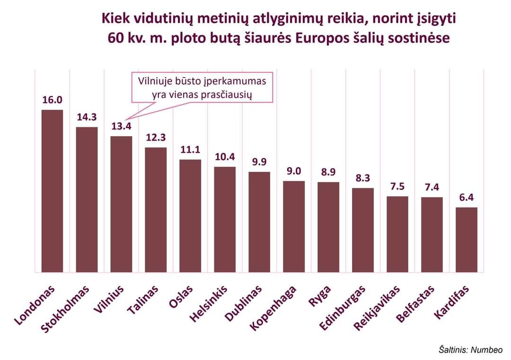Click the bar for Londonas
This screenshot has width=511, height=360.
click(52, 191)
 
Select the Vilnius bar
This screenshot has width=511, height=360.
click(121, 204)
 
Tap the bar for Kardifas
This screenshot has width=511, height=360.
click(466, 240)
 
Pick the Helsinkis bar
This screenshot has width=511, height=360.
click(225, 220)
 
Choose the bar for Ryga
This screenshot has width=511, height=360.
click(328, 227)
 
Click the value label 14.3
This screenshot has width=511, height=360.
click(87, 117)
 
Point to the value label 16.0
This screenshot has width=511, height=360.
click(52, 100)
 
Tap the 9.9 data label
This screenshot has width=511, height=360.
click(259, 162)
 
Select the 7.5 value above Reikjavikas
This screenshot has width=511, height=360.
click(397, 186)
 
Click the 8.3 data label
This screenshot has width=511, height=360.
click(363, 178)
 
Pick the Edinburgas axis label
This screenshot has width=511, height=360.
click(343, 308)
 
